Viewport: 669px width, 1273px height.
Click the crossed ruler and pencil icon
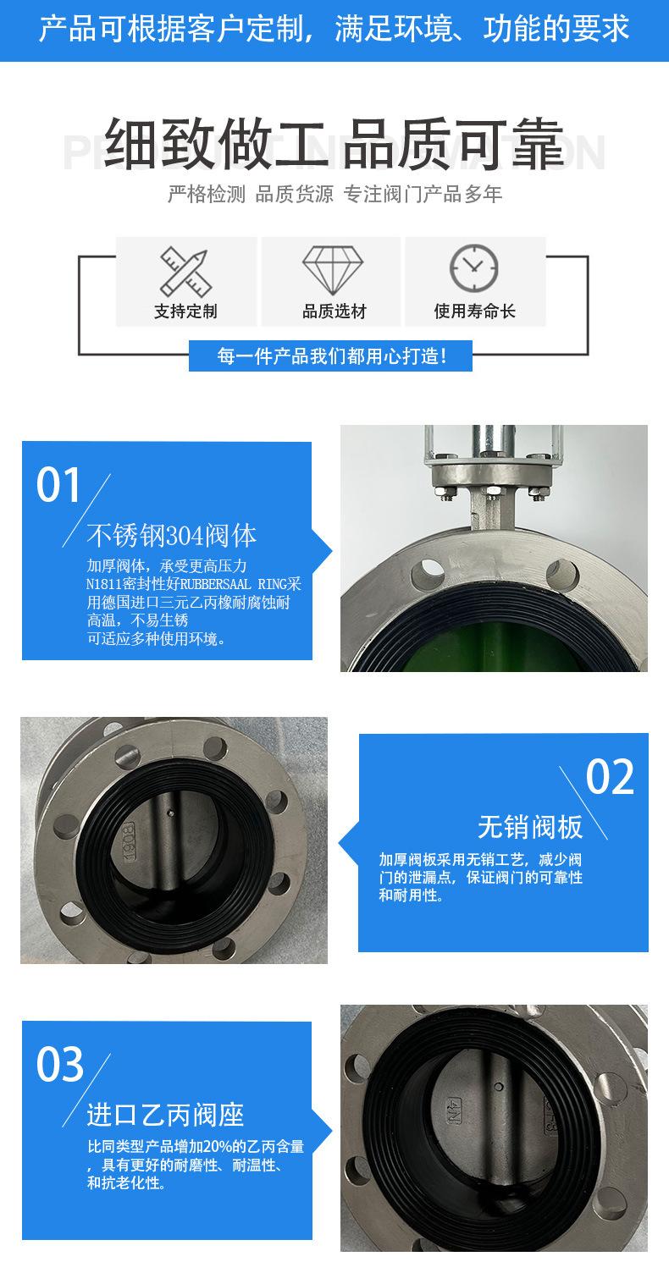(x=185, y=271)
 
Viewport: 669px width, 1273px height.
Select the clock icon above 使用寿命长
(x=474, y=267)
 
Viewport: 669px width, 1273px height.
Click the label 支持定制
(x=185, y=311)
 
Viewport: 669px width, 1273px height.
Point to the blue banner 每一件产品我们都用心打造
(x=330, y=355)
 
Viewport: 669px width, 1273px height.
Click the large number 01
(x=58, y=485)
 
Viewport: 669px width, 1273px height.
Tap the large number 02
(x=610, y=777)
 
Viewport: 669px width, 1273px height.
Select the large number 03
(x=59, y=1065)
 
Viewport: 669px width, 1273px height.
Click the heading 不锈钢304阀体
(x=172, y=536)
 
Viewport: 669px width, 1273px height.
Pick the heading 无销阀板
(x=530, y=827)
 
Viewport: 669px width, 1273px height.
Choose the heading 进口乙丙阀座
(x=165, y=1115)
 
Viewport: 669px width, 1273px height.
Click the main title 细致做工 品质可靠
(x=334, y=144)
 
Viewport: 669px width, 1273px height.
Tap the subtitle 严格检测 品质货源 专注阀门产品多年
(x=334, y=195)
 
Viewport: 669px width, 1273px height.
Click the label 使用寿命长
(x=474, y=311)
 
